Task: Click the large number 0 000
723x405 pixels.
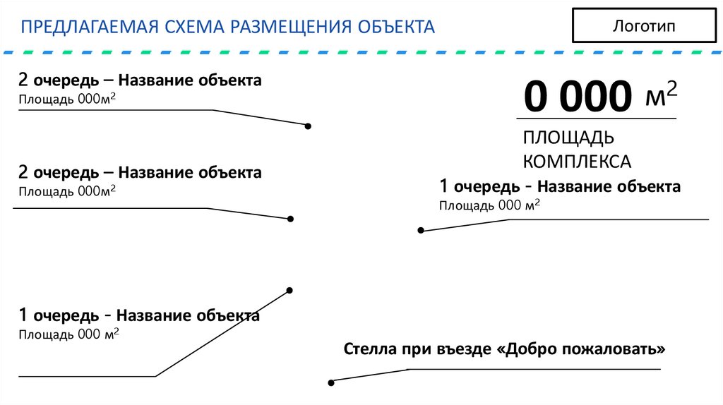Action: click(578, 97)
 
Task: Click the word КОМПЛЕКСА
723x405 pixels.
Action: click(577, 161)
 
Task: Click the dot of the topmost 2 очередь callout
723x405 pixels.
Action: click(308, 126)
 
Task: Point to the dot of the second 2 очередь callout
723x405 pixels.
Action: click(289, 219)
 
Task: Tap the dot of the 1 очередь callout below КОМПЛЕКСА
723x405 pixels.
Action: click(421, 230)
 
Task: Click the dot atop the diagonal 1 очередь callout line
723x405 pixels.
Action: click(289, 290)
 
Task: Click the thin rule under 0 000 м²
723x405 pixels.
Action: click(597, 118)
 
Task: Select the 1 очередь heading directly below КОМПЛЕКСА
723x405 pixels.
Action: click(559, 187)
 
